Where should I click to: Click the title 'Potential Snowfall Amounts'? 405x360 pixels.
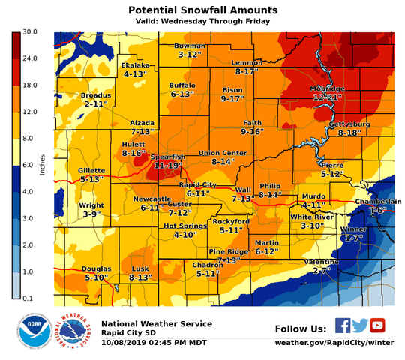(202, 10)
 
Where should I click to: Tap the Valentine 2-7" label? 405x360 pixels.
(322, 265)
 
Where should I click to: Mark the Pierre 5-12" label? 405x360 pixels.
(331, 169)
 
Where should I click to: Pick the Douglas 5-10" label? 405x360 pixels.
(96, 272)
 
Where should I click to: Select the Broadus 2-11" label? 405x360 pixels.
(95, 100)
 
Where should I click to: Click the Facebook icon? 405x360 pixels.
(343, 325)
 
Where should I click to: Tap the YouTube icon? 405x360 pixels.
(377, 325)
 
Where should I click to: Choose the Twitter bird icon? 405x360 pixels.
(360, 325)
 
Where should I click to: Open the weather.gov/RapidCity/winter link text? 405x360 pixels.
(334, 343)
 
